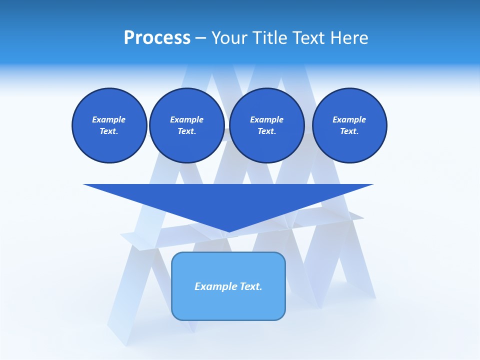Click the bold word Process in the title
pyautogui.click(x=157, y=38)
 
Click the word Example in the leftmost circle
pyautogui.click(x=108, y=119)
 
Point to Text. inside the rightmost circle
pyautogui.click(x=349, y=131)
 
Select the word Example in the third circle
pyautogui.click(x=266, y=119)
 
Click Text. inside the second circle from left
pyautogui.click(x=186, y=131)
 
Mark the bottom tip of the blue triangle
pyautogui.click(x=228, y=231)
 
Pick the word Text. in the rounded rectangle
pyautogui.click(x=251, y=286)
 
